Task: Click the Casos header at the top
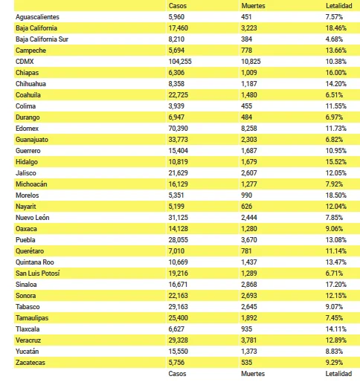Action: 178,6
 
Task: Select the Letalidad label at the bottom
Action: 338,374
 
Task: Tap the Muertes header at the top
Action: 253,6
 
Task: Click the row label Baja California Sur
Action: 42,39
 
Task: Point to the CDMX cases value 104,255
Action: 180,62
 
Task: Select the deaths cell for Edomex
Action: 249,129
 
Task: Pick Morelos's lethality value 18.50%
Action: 336,195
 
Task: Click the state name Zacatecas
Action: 30,363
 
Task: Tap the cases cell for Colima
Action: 176,106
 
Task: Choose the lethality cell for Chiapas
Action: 336,73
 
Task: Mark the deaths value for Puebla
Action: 249,240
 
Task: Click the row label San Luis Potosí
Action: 38,274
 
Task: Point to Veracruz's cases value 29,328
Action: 179,340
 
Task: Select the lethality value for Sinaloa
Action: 336,285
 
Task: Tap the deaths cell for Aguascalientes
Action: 246,17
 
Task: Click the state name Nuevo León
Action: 33,218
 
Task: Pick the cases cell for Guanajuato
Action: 179,140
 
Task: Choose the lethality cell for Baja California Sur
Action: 334,39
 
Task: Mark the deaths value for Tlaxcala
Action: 247,329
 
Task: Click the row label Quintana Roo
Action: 35,262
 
